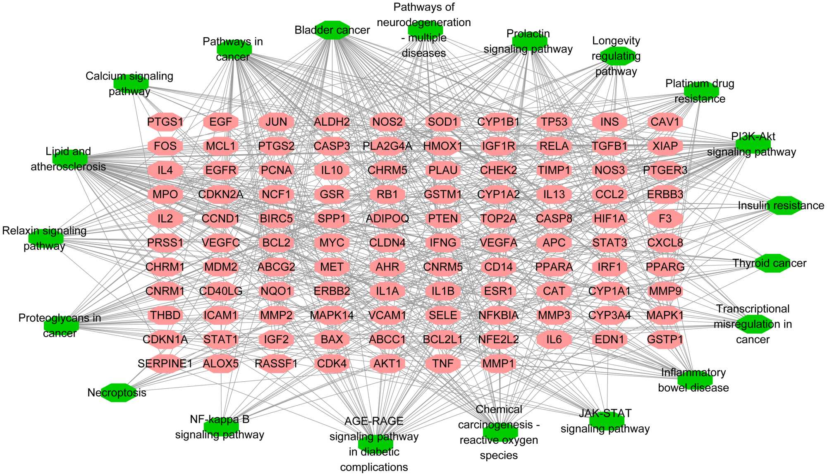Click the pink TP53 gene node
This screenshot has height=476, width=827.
554,122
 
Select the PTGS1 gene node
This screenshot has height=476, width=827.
165,122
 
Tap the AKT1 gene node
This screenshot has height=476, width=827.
387,364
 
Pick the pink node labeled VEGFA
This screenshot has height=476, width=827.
498,243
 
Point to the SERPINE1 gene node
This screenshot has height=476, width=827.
165,364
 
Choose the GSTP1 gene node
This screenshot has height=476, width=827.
665,340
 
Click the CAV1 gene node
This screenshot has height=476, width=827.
665,122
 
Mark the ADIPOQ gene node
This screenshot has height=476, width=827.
387,218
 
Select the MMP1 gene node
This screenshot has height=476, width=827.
498,364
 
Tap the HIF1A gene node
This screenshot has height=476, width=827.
609,218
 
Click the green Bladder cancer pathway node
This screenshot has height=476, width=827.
332,30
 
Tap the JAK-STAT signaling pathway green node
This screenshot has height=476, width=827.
606,421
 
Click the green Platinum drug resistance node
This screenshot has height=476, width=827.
701,91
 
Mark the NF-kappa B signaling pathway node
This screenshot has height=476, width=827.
221,426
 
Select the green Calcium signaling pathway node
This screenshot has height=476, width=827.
131,83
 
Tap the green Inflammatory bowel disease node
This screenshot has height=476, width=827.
695,380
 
